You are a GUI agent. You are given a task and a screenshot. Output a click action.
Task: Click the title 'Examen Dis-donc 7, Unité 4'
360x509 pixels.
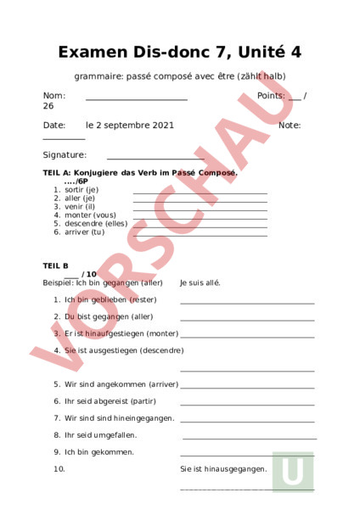[179, 53]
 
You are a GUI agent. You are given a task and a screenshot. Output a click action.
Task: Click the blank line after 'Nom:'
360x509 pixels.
[136, 100]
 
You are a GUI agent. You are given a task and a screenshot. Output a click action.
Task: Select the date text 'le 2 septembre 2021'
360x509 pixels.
[130, 126]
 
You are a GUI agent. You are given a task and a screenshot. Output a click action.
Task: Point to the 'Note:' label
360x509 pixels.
[290, 126]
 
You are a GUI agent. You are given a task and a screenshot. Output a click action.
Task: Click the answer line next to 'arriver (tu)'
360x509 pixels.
[200, 234]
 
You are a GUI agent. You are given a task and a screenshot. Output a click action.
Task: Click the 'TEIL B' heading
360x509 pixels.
[55, 266]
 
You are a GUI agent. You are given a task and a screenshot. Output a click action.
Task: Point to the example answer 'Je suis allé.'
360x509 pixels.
[200, 282]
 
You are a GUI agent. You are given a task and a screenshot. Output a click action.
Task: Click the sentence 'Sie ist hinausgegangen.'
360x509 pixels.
[223, 468]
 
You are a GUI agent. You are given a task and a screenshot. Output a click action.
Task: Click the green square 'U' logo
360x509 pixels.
[293, 472]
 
